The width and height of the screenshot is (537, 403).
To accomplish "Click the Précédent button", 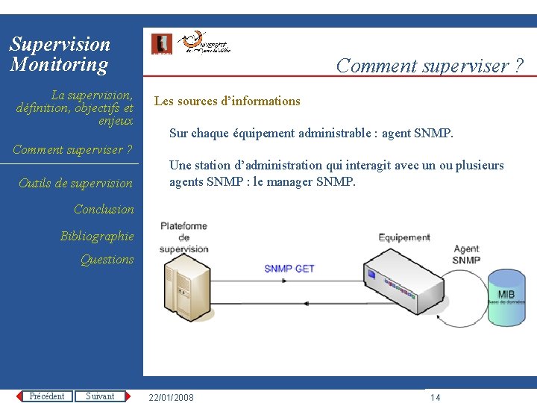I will pos(46,396).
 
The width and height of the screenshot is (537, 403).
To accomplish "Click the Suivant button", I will pos(100,396).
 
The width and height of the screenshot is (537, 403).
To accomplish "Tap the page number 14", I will pos(436,397).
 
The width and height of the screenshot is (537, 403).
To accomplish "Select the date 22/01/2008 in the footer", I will pos(172,397).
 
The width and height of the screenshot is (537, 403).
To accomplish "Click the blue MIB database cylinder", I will pos(506,297).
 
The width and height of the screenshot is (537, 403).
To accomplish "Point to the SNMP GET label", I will pos(289,269).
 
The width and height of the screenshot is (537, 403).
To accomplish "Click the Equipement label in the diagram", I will pos(404,237).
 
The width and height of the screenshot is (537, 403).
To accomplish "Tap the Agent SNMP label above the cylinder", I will pos(466,254).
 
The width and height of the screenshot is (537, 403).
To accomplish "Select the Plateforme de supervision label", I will pos(183,237).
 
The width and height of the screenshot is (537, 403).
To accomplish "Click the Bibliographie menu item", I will pos(97,237).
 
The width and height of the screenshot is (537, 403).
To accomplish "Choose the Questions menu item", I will pos(107,260).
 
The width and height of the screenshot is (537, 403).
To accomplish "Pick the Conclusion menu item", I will pos(104,210).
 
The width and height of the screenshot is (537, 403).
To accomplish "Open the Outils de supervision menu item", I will pos(75,184).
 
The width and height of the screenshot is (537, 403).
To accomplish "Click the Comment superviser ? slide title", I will pos(430,66).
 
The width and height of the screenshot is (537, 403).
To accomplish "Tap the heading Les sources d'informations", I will pos(227,101).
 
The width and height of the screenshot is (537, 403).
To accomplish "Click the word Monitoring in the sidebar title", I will pos(59,64).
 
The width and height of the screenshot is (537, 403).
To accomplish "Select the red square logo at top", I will pos(161,44).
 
